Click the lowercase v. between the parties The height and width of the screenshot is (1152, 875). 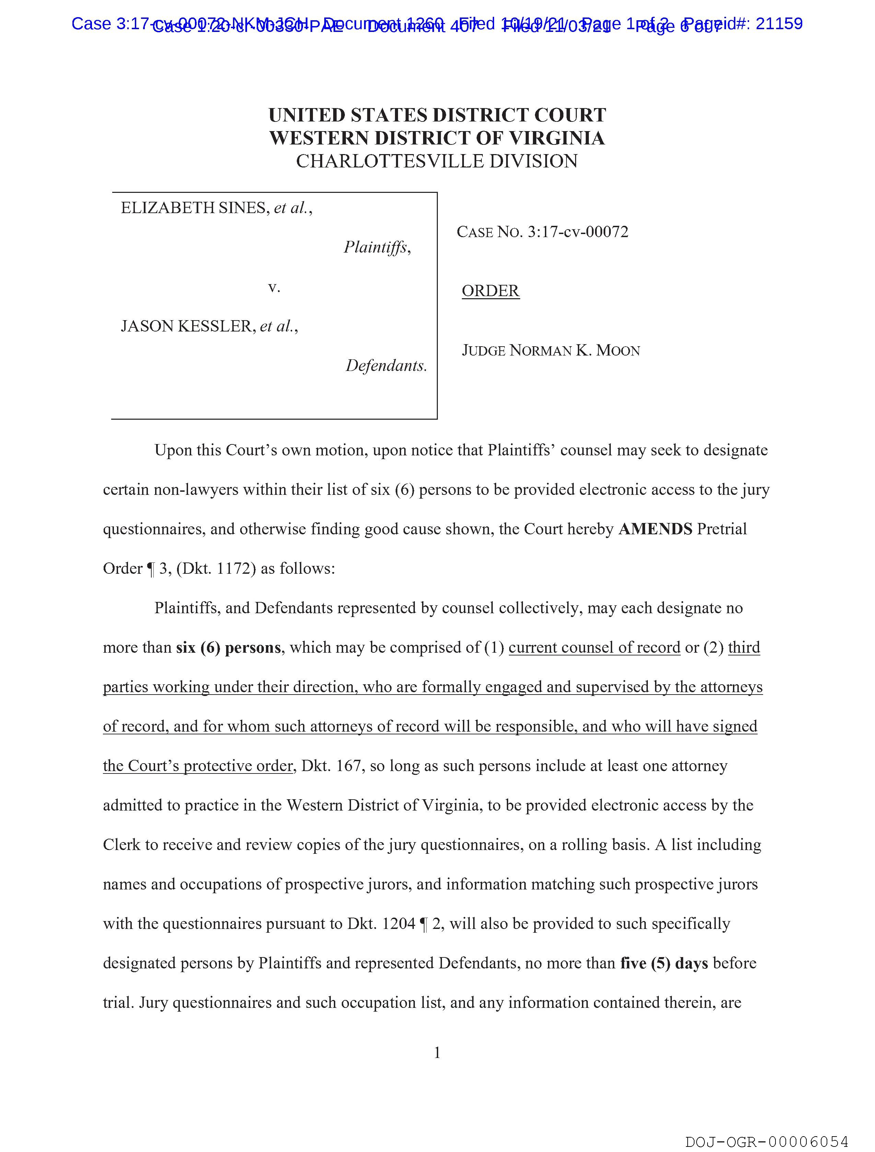click(274, 287)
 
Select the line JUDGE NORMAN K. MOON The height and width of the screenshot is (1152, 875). click(550, 350)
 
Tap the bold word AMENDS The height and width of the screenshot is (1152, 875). click(655, 529)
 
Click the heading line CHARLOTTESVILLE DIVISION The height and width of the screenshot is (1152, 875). click(437, 161)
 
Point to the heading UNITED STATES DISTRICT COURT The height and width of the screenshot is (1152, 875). click(437, 115)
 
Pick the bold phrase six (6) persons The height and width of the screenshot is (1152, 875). click(229, 647)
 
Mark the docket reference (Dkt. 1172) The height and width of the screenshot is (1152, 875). click(216, 568)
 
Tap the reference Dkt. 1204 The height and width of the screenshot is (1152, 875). click(381, 923)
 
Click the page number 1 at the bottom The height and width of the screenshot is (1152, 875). click(437, 1053)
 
